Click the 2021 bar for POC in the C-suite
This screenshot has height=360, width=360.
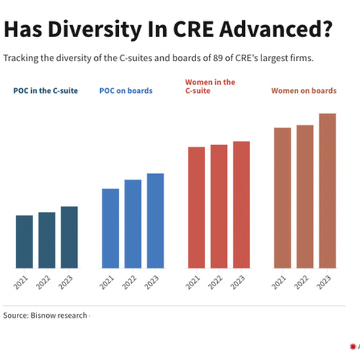[25, 242]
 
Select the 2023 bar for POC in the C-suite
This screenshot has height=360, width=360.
[70, 238]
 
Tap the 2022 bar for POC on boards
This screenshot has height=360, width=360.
[133, 224]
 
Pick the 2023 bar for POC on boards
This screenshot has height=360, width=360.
[155, 221]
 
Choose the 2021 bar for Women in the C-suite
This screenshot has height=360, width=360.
[197, 208]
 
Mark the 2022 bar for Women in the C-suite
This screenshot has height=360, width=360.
[219, 206]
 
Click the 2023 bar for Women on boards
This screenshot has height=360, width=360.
[328, 191]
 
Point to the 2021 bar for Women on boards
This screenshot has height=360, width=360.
[283, 198]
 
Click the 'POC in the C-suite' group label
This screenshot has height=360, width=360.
[46, 91]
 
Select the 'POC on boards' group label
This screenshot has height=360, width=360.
[126, 91]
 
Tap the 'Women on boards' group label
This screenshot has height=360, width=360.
[304, 91]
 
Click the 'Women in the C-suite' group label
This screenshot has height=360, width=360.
[210, 86]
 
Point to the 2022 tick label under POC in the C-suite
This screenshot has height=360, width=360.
[43, 283]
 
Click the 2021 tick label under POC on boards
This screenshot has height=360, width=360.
[107, 283]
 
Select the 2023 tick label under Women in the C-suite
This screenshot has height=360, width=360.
[238, 283]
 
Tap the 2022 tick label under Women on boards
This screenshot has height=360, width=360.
[301, 283]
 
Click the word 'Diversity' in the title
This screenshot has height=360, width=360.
[95, 29]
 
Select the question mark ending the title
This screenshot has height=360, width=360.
[327, 29]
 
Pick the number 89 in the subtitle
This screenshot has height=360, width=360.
[218, 58]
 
